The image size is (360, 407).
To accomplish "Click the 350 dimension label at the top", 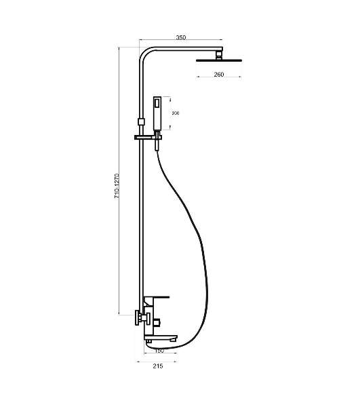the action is [x=181, y=37].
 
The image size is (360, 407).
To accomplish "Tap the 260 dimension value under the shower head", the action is [x=219, y=75].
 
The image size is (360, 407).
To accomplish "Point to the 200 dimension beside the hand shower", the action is [x=176, y=113].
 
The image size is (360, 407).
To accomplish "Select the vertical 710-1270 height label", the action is [x=117, y=186].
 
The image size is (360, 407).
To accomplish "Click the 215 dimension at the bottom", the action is [x=158, y=366].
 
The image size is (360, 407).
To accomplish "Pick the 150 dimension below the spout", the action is [x=159, y=351].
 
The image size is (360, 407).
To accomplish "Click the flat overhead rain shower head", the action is [x=219, y=60].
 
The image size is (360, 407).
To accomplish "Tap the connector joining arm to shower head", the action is [x=219, y=56].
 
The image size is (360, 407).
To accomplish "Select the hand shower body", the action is [x=157, y=113].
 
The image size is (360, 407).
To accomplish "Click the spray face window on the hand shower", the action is [x=157, y=103].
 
